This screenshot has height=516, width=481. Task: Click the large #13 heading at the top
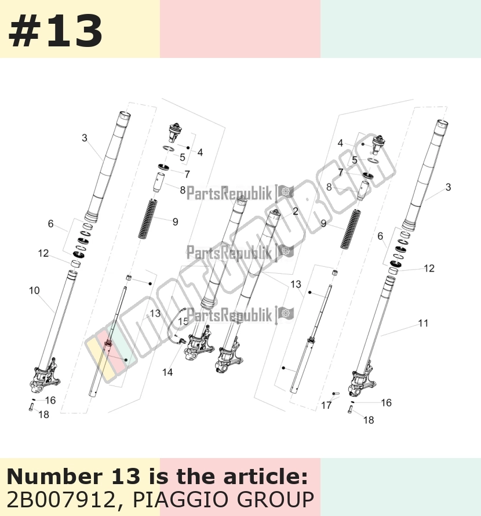(x=55, y=31)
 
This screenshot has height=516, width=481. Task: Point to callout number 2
(x=295, y=211)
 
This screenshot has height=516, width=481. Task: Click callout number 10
(x=34, y=290)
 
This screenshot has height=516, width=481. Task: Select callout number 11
(x=423, y=323)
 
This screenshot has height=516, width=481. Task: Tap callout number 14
(x=167, y=372)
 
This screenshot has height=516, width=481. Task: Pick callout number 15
(x=183, y=321)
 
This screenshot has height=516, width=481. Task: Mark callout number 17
(x=326, y=405)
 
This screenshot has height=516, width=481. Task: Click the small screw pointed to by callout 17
(x=336, y=394)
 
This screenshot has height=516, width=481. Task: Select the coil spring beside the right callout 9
(x=351, y=230)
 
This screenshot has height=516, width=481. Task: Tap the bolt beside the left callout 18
(x=31, y=408)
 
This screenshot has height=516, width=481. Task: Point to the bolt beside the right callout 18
(x=350, y=410)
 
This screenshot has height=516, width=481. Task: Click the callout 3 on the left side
(x=85, y=138)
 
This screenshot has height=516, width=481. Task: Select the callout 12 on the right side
(x=429, y=268)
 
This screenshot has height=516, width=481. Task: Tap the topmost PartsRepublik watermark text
(x=229, y=193)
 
